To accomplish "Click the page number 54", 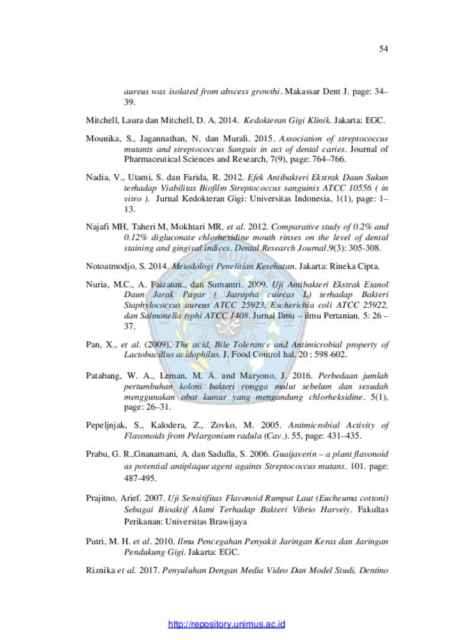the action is coord(383,49).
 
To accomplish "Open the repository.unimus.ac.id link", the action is coord(227,624).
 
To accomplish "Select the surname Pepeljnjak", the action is coord(105,426).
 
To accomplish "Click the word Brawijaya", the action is coord(228,522).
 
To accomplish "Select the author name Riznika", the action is coord(100,570).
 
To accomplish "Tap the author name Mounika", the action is coord(103,139).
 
